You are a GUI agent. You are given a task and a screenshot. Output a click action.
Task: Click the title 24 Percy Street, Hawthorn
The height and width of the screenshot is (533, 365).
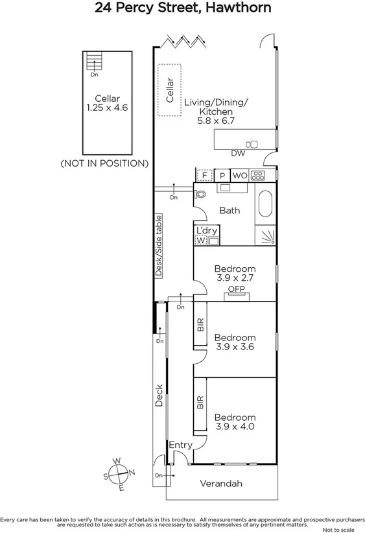pos(182,8)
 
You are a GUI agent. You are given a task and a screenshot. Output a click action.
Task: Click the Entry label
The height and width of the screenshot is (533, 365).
pos(180,445)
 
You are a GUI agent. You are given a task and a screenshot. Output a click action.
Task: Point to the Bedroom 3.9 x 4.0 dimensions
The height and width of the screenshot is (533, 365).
pos(235,427)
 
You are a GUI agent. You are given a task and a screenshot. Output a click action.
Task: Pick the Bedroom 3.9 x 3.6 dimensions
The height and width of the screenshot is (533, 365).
pos(235,348)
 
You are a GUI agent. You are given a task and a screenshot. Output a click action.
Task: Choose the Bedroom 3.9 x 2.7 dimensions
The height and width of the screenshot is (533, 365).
pos(235,279)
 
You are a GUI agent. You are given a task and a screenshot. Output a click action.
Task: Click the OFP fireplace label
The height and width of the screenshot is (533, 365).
pos(235,289)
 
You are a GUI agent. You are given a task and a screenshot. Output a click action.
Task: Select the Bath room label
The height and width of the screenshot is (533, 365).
pos(229,211)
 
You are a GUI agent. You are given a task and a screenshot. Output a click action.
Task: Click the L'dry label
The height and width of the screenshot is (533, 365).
pos(206,231)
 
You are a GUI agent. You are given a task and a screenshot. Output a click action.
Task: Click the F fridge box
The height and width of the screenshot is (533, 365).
pos(204,175)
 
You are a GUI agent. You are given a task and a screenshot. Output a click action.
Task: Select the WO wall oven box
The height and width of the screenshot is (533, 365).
pos(239,175)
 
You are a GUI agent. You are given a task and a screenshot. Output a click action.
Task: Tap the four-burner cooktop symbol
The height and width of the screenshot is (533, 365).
pos(257,175)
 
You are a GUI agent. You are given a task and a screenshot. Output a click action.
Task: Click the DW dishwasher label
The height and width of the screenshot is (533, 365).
pos(238,154)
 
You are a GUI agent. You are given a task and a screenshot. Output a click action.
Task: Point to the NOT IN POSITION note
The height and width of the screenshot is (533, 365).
pos(104,163)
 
